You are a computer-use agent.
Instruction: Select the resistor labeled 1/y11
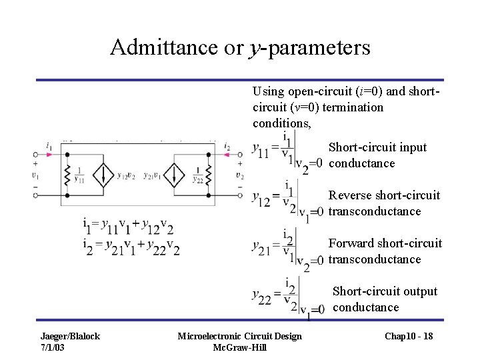point(67,175)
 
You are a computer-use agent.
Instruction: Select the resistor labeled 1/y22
point(208,175)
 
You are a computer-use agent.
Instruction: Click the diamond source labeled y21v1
point(173,175)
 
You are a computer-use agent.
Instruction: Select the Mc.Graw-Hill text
point(239,347)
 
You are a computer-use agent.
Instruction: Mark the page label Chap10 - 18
point(408,336)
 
